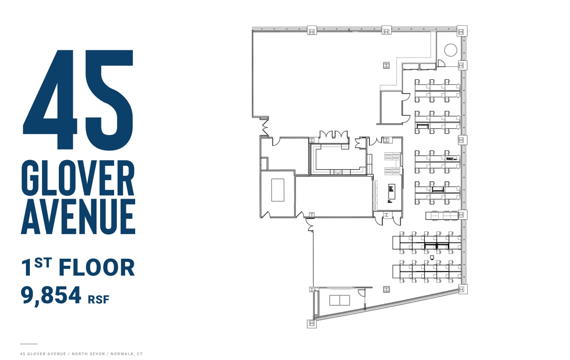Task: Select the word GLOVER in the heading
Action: [78, 178]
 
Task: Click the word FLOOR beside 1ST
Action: [97, 267]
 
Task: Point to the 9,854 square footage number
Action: [51, 295]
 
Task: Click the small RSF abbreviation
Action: [98, 299]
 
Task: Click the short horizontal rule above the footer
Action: [29, 344]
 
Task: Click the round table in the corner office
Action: [451, 50]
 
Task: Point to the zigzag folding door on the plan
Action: [265, 128]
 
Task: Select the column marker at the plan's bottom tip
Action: [312, 323]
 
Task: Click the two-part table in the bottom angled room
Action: [340, 300]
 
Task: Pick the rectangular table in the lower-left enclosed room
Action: [277, 189]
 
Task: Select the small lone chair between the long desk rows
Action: [432, 257]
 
